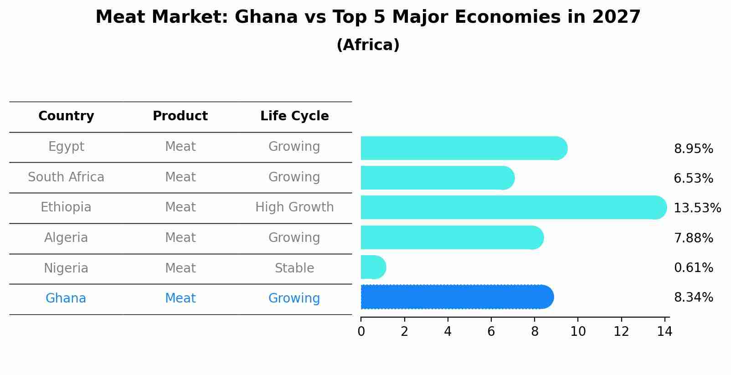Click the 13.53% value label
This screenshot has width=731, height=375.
pyautogui.click(x=697, y=208)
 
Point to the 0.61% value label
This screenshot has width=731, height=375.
pyautogui.click(x=693, y=268)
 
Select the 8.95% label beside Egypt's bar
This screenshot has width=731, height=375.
pyautogui.click(x=693, y=149)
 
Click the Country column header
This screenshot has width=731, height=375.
pyautogui.click(x=66, y=116)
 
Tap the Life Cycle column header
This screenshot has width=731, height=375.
pyautogui.click(x=294, y=116)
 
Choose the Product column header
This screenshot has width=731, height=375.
pyautogui.click(x=180, y=116)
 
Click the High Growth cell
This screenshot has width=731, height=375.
pyautogui.click(x=294, y=207)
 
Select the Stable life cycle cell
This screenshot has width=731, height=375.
pyautogui.click(x=294, y=268)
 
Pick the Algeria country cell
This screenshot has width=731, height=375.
pyautogui.click(x=66, y=238)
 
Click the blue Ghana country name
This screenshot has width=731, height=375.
pyautogui.click(x=66, y=298)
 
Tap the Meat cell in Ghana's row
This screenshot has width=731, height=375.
pyautogui.click(x=180, y=298)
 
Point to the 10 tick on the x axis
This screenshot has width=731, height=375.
pyautogui.click(x=578, y=332)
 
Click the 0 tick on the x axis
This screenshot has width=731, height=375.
pyautogui.click(x=361, y=332)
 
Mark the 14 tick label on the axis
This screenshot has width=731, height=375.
pyautogui.click(x=664, y=332)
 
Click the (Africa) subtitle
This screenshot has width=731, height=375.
pyautogui.click(x=368, y=45)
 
